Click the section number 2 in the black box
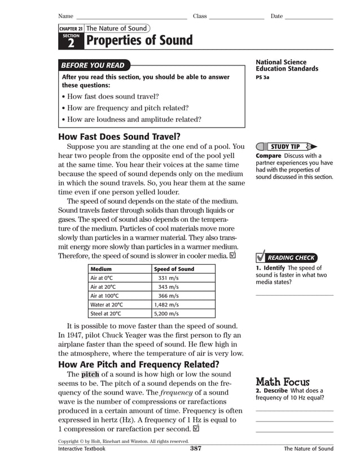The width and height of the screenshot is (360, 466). [71, 42]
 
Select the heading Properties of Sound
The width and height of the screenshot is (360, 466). [139, 41]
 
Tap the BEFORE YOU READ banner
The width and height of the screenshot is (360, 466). [93, 65]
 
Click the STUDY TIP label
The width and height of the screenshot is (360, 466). [288, 147]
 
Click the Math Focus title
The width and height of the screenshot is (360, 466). [282, 382]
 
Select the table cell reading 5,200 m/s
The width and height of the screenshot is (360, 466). [167, 314]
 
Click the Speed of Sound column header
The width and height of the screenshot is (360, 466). [174, 269]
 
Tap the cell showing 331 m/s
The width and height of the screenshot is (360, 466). [168, 278]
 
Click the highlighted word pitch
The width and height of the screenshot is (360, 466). [90, 374]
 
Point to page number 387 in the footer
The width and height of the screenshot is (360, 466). [196, 449]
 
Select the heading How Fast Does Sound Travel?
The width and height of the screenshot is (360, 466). [119, 136]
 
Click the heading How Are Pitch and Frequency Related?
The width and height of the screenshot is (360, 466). [139, 364]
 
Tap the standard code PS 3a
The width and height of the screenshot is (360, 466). [262, 77]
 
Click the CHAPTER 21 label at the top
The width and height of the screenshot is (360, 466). [71, 29]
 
